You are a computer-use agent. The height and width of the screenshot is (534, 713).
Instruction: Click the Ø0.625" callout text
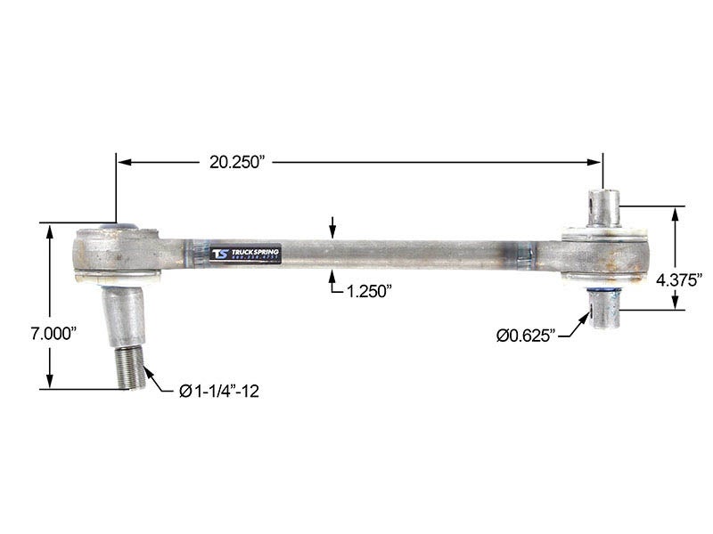pos(526,335)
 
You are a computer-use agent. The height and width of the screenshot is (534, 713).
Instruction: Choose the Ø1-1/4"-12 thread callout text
pos(218,391)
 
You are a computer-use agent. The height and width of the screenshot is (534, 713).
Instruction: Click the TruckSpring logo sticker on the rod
pos(246,254)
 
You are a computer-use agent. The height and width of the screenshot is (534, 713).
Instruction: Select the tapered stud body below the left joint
pos(126,316)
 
